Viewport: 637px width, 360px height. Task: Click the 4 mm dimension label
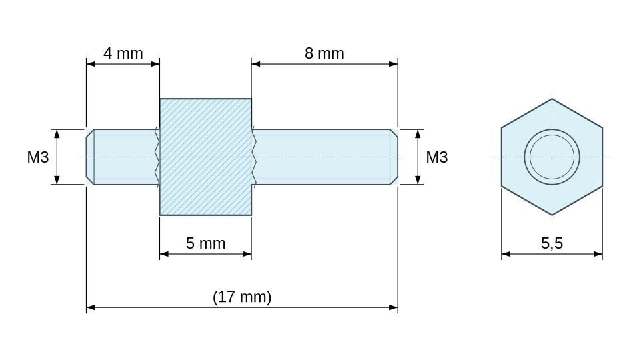pyautogui.click(x=123, y=53)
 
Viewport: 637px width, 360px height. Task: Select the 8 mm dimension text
pyautogui.click(x=324, y=53)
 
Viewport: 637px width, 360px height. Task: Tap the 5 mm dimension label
pyautogui.click(x=206, y=243)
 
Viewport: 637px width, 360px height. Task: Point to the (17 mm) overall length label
pyautogui.click(x=242, y=297)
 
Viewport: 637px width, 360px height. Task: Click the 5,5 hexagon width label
pyautogui.click(x=552, y=243)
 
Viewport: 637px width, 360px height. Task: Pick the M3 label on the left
pyautogui.click(x=38, y=157)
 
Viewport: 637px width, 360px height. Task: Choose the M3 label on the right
pyautogui.click(x=437, y=157)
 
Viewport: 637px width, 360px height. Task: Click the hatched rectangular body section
pyautogui.click(x=206, y=157)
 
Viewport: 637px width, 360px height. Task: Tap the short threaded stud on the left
pyautogui.click(x=123, y=157)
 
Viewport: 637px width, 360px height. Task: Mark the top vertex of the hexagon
pyautogui.click(x=552, y=99)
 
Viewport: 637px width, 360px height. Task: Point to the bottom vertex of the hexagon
pyautogui.click(x=552, y=215)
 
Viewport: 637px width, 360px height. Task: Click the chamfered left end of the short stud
pyautogui.click(x=90, y=157)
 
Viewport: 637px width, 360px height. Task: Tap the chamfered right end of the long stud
pyautogui.click(x=394, y=157)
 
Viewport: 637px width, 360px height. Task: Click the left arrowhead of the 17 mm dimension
pyautogui.click(x=91, y=307)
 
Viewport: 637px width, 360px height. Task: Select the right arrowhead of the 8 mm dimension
pyautogui.click(x=393, y=64)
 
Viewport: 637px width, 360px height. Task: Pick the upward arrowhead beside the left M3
pyautogui.click(x=57, y=134)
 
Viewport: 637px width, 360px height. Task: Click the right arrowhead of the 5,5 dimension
pyautogui.click(x=598, y=254)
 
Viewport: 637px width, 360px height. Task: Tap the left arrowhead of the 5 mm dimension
pyautogui.click(x=164, y=254)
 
